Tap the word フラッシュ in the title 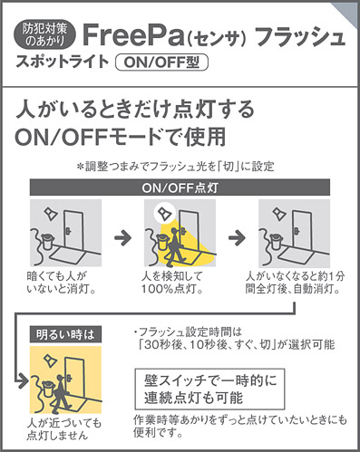(298, 37)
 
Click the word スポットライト (59, 63)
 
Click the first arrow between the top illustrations (121, 236)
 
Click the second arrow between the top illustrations (236, 236)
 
